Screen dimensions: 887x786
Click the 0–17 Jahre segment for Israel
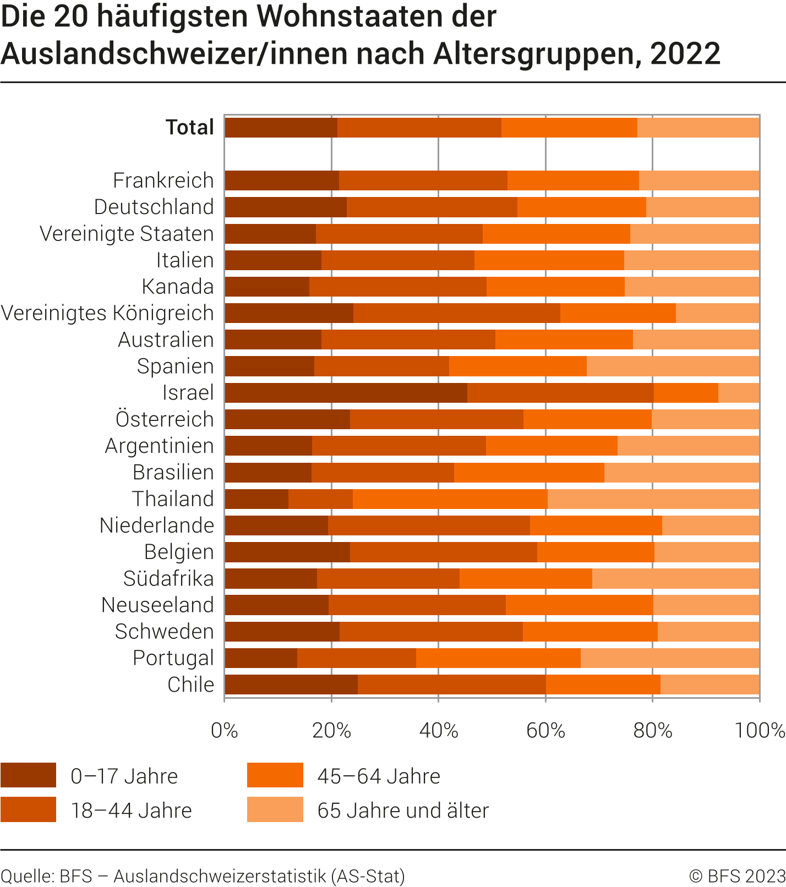click(346, 393)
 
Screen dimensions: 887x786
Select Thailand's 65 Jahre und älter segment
click(653, 499)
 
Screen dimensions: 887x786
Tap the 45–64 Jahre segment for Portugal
click(498, 658)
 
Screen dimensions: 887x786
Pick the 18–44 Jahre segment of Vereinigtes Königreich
click(456, 313)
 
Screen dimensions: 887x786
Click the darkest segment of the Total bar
click(281, 128)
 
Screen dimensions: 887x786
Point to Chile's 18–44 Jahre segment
click(451, 685)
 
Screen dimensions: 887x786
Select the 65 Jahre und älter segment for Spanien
click(673, 366)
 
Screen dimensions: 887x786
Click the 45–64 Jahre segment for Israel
click(686, 393)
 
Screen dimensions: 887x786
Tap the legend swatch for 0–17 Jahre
click(28, 775)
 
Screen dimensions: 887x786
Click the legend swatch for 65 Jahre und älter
click(275, 809)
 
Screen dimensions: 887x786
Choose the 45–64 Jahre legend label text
click(379, 776)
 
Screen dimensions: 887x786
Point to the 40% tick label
click(438, 731)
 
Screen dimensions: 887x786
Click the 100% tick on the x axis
click(760, 731)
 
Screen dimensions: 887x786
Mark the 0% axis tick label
click(225, 731)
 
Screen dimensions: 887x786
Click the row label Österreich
click(165, 419)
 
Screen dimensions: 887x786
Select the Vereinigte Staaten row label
click(127, 234)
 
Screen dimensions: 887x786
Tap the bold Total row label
click(190, 128)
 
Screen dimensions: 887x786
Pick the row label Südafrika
click(168, 578)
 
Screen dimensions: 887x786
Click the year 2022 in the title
click(685, 53)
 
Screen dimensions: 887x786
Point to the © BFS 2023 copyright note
click(737, 875)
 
